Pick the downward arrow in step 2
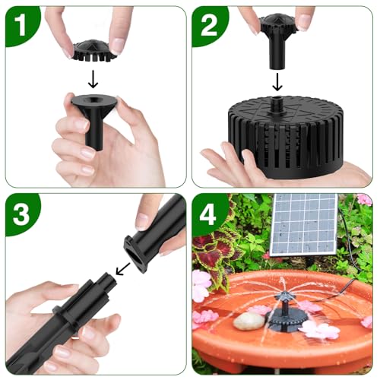279,80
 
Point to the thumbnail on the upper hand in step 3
143,220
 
